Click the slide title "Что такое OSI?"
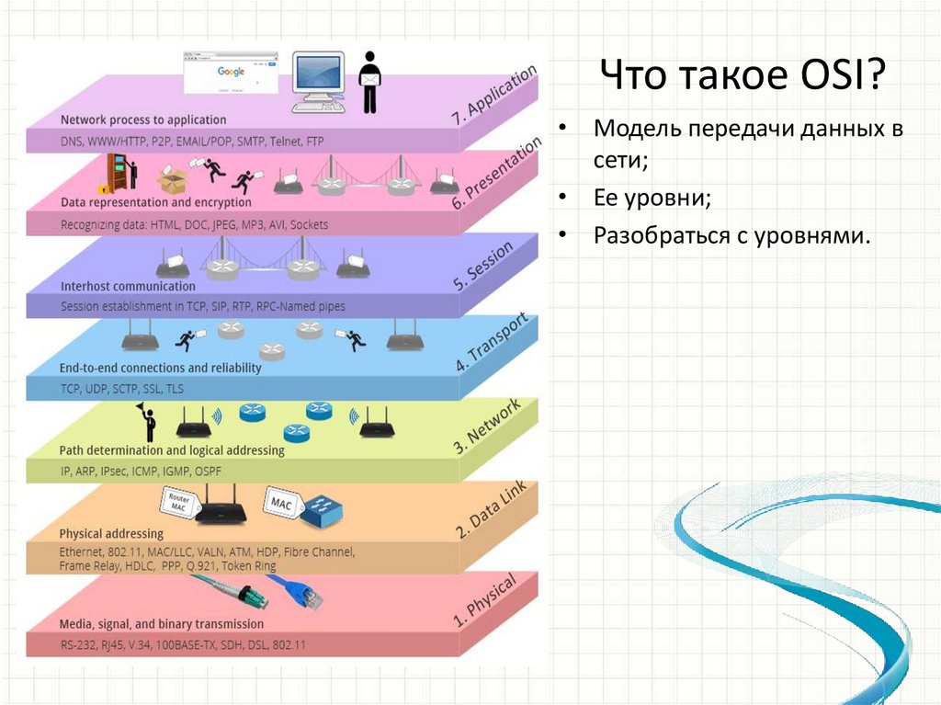point(743,74)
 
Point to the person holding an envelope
point(369,81)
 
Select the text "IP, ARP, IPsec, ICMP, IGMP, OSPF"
point(141,472)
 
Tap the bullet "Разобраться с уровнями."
point(731,236)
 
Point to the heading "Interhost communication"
point(128,286)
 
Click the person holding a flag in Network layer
point(147,422)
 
